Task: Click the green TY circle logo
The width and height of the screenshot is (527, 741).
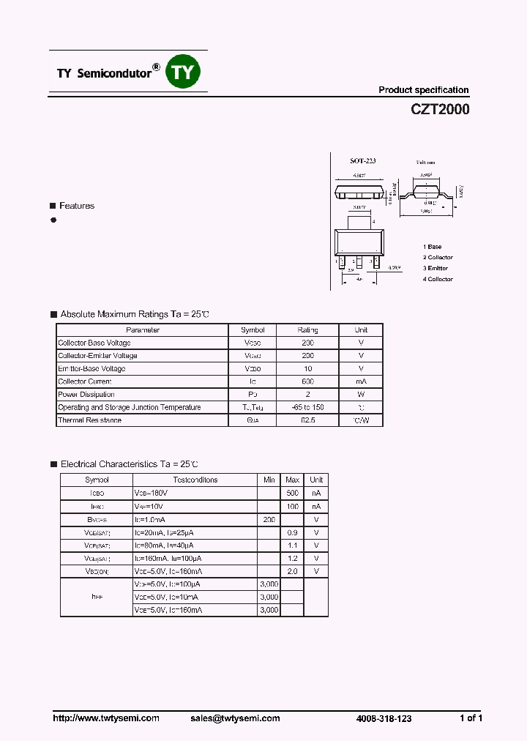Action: (184, 71)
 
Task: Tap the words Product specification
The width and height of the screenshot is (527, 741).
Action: (423, 90)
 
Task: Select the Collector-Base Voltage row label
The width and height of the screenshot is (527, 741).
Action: (94, 343)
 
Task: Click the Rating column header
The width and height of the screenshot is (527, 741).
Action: (307, 330)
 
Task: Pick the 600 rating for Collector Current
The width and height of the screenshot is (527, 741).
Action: (307, 381)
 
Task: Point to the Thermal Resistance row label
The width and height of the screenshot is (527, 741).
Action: (90, 420)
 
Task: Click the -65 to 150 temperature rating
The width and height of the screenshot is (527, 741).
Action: (307, 407)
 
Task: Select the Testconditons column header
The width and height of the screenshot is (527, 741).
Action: (195, 480)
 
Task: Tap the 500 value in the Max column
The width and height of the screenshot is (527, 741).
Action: (292, 494)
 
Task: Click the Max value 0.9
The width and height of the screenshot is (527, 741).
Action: (292, 532)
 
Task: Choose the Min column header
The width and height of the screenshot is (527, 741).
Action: (269, 480)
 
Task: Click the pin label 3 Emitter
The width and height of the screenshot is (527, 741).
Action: (438, 268)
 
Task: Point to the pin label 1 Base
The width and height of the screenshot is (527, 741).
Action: (433, 247)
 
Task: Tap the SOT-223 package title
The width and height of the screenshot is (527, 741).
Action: (362, 160)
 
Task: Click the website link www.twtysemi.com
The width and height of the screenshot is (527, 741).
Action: (106, 718)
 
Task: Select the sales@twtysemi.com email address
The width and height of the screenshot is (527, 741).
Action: (235, 718)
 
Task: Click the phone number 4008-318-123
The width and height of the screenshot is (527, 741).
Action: (382, 718)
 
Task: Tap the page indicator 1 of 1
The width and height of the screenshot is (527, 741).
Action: (471, 718)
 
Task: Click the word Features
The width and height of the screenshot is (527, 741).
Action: (77, 206)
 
